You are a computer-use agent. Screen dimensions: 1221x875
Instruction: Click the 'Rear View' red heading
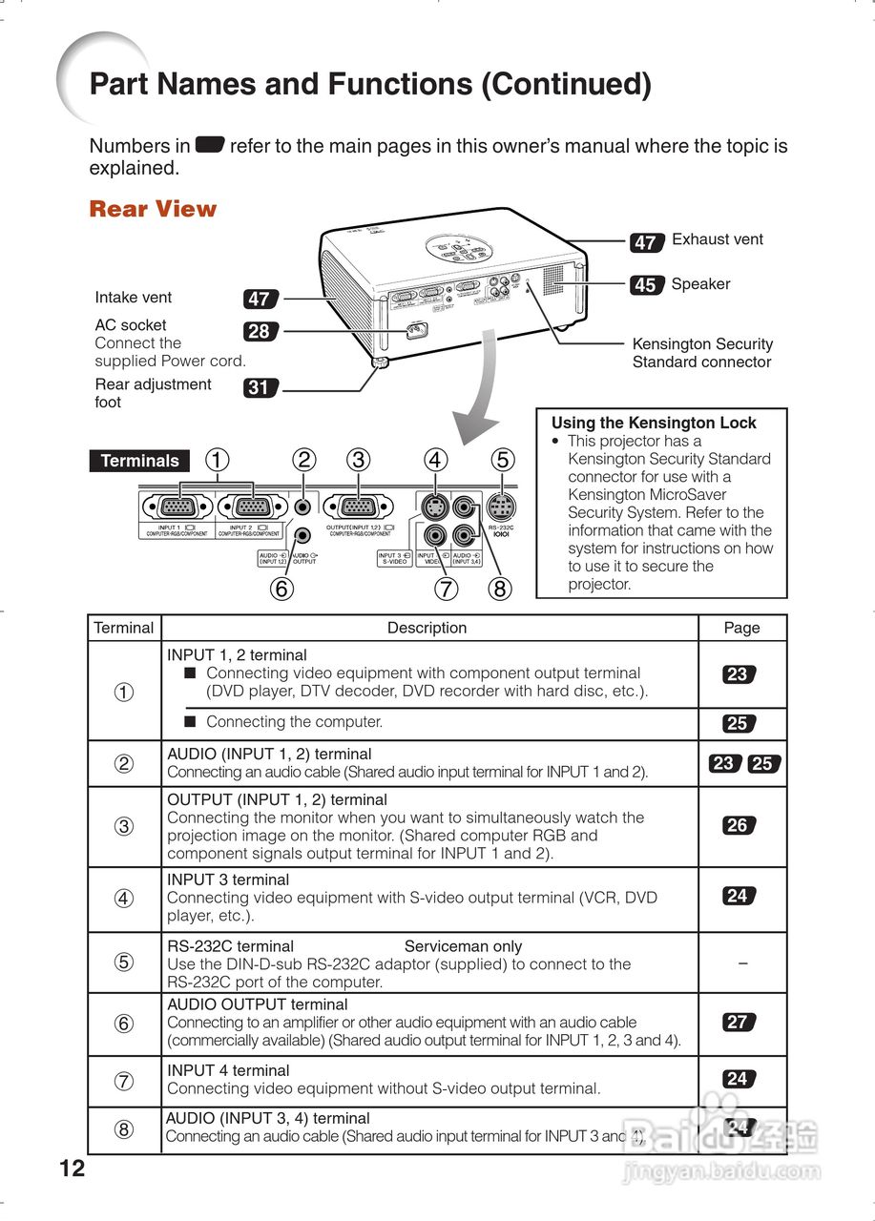click(x=153, y=209)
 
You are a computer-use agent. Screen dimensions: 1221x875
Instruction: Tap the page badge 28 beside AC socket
click(x=259, y=332)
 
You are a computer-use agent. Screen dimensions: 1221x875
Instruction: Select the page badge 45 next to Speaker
click(x=646, y=284)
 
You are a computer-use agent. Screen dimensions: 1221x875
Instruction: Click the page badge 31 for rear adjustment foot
click(x=259, y=388)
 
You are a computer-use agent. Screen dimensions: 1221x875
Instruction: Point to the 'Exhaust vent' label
click(x=718, y=239)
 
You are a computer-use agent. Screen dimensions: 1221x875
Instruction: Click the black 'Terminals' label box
click(x=139, y=461)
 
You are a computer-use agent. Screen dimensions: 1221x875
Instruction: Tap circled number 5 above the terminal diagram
click(x=502, y=460)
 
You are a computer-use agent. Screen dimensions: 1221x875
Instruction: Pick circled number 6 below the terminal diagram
click(x=281, y=589)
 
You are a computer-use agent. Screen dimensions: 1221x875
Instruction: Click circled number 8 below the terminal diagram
click(x=499, y=589)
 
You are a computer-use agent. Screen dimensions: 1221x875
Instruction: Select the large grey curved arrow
click(x=485, y=391)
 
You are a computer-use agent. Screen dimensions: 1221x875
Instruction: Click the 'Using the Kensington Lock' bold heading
click(x=654, y=423)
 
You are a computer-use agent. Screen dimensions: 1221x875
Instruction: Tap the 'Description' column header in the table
click(x=427, y=628)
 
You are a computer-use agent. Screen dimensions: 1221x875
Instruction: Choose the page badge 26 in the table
click(x=738, y=826)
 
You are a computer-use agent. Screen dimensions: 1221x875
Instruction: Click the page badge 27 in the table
click(x=738, y=1023)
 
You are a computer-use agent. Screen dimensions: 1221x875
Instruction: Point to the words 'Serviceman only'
click(x=463, y=946)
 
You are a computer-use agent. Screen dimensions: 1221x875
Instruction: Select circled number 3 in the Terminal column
click(x=124, y=826)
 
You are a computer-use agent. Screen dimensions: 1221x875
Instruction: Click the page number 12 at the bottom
click(x=72, y=1169)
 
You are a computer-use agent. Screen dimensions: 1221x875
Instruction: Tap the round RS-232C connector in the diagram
click(x=501, y=507)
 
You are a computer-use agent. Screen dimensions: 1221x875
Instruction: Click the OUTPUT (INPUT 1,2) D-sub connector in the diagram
click(x=358, y=507)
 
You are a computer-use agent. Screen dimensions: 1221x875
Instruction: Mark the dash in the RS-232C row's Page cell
click(x=742, y=963)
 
